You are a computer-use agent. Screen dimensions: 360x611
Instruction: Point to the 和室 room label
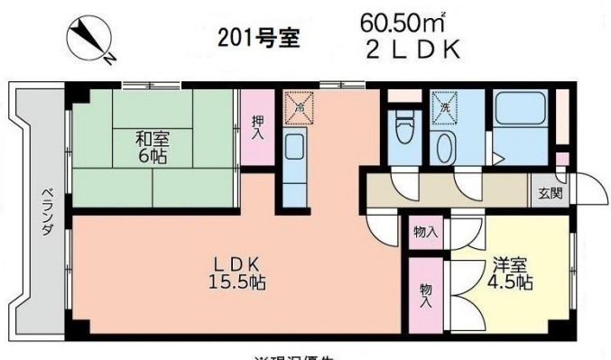click(152, 139)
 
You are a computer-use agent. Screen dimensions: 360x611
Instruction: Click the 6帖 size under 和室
click(152, 156)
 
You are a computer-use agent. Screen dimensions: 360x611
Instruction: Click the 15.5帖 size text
click(236, 281)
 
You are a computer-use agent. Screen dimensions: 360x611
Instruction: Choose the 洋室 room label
click(511, 266)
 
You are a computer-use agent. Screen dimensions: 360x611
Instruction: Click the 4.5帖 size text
click(511, 283)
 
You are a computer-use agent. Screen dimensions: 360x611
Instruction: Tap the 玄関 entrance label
click(550, 193)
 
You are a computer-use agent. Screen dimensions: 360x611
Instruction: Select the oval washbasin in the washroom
click(443, 146)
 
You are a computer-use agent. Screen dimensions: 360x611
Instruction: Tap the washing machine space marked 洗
click(444, 106)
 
